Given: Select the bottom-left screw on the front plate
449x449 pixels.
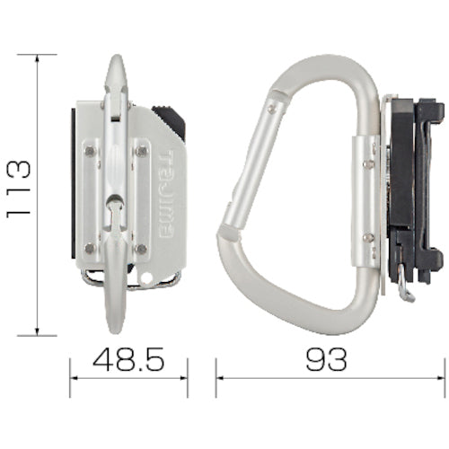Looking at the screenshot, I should point(89,247).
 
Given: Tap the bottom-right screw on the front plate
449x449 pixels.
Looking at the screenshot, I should point(141,247).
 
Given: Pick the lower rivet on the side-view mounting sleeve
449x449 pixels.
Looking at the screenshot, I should point(367,237).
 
